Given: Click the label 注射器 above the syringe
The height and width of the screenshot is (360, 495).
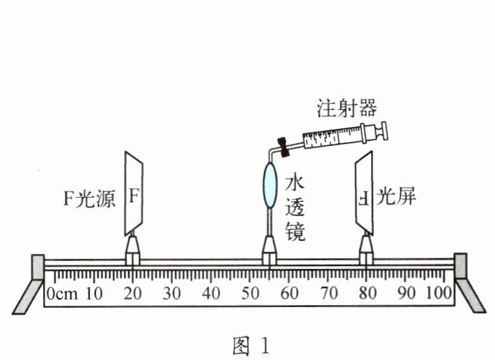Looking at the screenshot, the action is tap(347, 109).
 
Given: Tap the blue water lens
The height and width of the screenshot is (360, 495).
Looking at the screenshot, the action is tap(270, 185).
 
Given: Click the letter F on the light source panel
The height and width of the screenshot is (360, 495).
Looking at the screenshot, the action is tap(134, 196).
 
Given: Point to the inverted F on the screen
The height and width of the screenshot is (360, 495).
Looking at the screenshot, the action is tap(364, 198).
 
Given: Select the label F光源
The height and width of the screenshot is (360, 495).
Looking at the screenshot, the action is tap(89, 198).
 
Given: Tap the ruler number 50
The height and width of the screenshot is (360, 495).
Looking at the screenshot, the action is tap(251, 293).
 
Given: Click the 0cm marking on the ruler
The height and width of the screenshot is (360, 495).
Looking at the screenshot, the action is tap(62, 294).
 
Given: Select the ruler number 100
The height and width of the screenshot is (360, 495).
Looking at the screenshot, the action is tap(439, 292).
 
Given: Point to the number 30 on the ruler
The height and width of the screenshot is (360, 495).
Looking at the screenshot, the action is tap(172, 293).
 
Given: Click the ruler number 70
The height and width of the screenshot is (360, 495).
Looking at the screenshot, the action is tap(329, 293).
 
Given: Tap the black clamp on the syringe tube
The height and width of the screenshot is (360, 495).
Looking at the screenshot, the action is tap(283, 146).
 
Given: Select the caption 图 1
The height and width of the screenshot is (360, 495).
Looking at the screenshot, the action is tap(251, 345).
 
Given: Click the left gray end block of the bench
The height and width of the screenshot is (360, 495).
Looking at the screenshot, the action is tap(38, 267).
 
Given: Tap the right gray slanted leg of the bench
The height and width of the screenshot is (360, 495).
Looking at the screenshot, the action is tap(471, 295).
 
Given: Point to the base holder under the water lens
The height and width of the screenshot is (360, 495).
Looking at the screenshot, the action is tap(269, 251).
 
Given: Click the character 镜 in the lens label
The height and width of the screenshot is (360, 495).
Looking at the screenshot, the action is tap(295, 232).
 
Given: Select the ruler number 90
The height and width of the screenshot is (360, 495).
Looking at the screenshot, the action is tap(407, 293).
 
